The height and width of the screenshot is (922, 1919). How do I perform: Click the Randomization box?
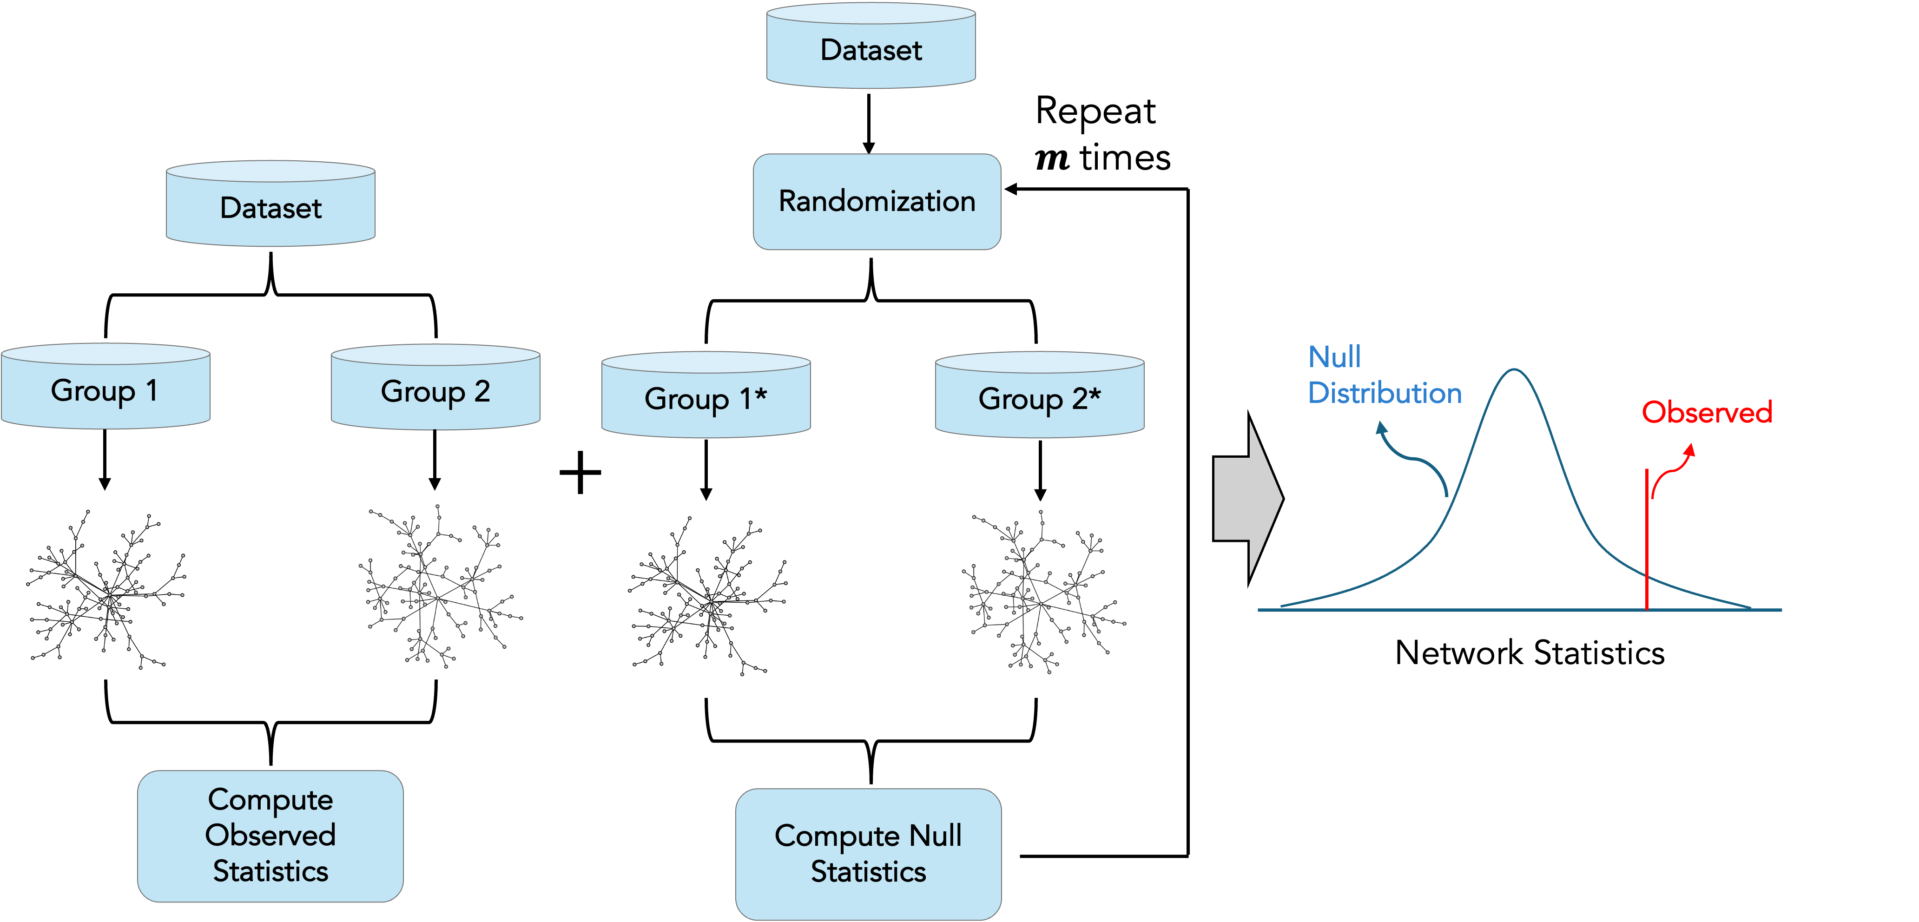[x=877, y=202]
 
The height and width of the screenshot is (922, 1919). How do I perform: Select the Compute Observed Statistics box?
[x=270, y=836]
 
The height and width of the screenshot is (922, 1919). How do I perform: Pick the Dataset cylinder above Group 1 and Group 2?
[x=270, y=206]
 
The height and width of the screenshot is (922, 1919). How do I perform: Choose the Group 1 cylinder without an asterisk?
[x=105, y=389]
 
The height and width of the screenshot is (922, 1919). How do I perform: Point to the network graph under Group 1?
[x=99, y=587]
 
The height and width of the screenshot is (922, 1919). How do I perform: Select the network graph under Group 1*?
[x=699, y=594]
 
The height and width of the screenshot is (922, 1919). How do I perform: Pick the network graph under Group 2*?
[x=1038, y=593]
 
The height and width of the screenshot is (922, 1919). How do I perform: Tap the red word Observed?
[x=1706, y=412]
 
